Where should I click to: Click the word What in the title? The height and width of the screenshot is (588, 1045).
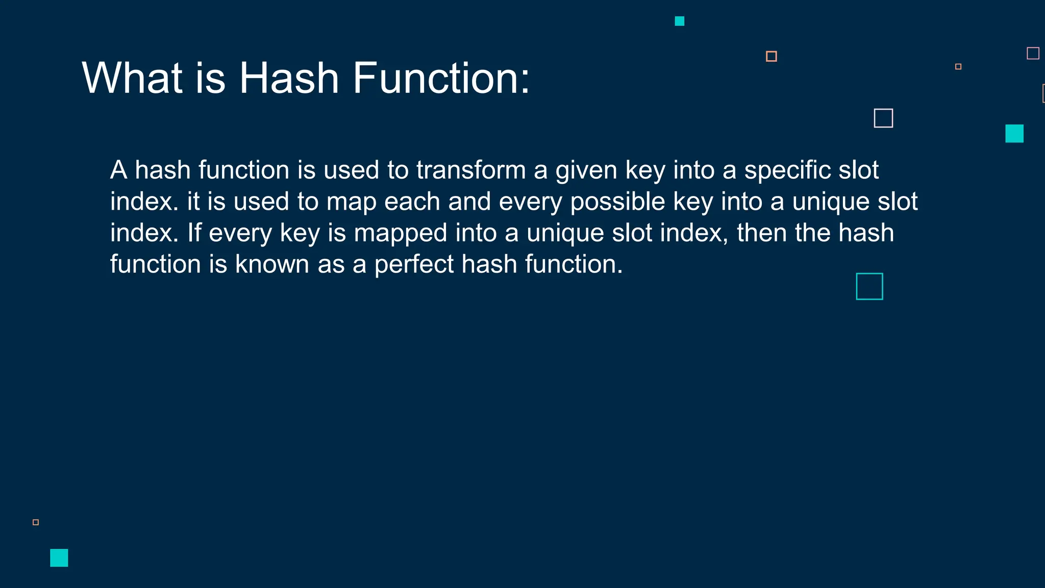[132, 78]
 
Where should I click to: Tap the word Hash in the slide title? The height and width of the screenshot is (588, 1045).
[289, 78]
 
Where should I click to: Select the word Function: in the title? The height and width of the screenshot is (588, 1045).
[441, 78]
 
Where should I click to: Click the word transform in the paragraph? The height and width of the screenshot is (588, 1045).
[470, 170]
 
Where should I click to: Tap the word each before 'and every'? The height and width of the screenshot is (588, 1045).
[412, 202]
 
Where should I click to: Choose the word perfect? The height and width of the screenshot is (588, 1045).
[414, 264]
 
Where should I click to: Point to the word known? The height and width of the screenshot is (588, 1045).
[272, 264]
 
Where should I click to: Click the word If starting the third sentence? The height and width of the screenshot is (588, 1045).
[194, 233]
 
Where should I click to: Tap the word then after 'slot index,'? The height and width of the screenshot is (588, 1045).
[761, 233]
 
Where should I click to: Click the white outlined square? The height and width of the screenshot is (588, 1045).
[883, 118]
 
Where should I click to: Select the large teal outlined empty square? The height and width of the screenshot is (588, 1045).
[869, 286]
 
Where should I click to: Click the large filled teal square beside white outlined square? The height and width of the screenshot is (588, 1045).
[1014, 133]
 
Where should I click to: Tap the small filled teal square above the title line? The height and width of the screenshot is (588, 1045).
[679, 21]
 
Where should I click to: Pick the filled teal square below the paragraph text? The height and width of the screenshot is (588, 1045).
[59, 557]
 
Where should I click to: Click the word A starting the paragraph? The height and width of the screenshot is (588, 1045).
[118, 170]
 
